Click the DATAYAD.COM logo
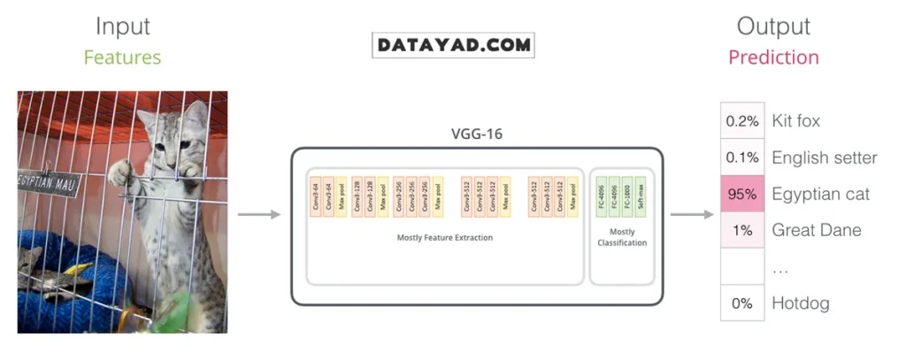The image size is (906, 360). (x=454, y=45)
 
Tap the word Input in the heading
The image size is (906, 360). (x=122, y=27)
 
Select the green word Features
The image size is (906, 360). (x=122, y=58)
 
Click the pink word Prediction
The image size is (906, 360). (x=773, y=58)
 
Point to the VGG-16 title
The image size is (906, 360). (x=476, y=136)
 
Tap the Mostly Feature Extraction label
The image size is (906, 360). (x=445, y=237)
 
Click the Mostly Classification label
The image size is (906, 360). (x=622, y=237)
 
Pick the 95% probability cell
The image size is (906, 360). (x=741, y=195)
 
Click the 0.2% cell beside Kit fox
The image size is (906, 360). (x=741, y=121)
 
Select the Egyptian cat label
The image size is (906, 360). (x=820, y=195)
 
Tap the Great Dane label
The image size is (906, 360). (x=816, y=231)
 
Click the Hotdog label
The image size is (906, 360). (x=800, y=303)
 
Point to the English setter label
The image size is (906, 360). (x=824, y=158)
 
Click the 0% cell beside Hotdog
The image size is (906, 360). (x=741, y=303)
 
